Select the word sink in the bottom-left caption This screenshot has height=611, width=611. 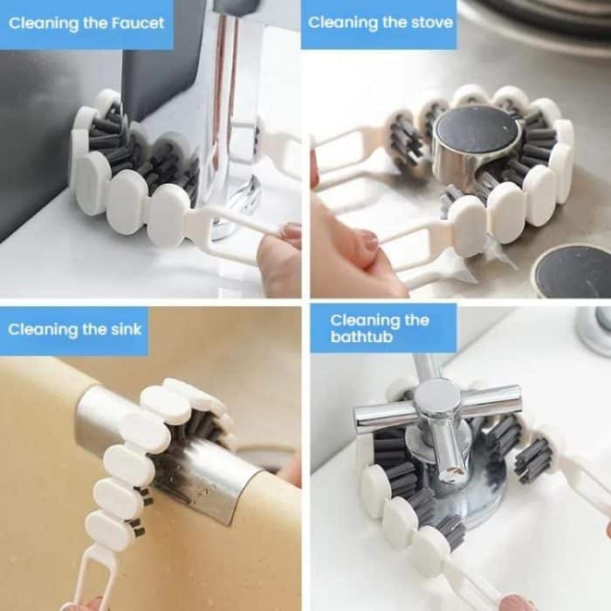(120, 329)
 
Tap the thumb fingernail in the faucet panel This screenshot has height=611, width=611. (290, 231)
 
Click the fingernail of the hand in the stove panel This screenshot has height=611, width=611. (370, 242)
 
